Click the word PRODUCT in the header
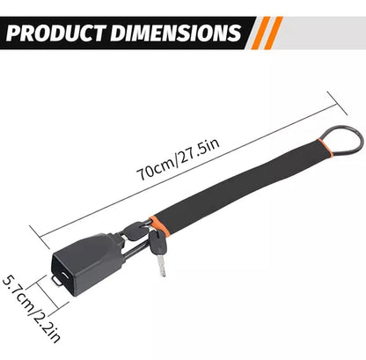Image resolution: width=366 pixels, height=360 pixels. pyautogui.click(x=56, y=33)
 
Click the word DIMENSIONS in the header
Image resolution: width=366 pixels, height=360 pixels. pyautogui.click(x=176, y=33)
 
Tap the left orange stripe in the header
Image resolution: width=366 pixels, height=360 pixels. pyautogui.click(x=260, y=33)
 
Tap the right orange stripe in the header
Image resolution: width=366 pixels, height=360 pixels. pyautogui.click(x=274, y=33)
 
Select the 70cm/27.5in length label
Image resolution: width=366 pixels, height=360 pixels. pyautogui.click(x=178, y=159)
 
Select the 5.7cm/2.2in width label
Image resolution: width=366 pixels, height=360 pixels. pyautogui.click(x=32, y=309)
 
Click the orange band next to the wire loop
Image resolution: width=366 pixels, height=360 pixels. pyautogui.click(x=325, y=148)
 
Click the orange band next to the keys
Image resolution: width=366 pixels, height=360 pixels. pyautogui.click(x=159, y=225)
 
